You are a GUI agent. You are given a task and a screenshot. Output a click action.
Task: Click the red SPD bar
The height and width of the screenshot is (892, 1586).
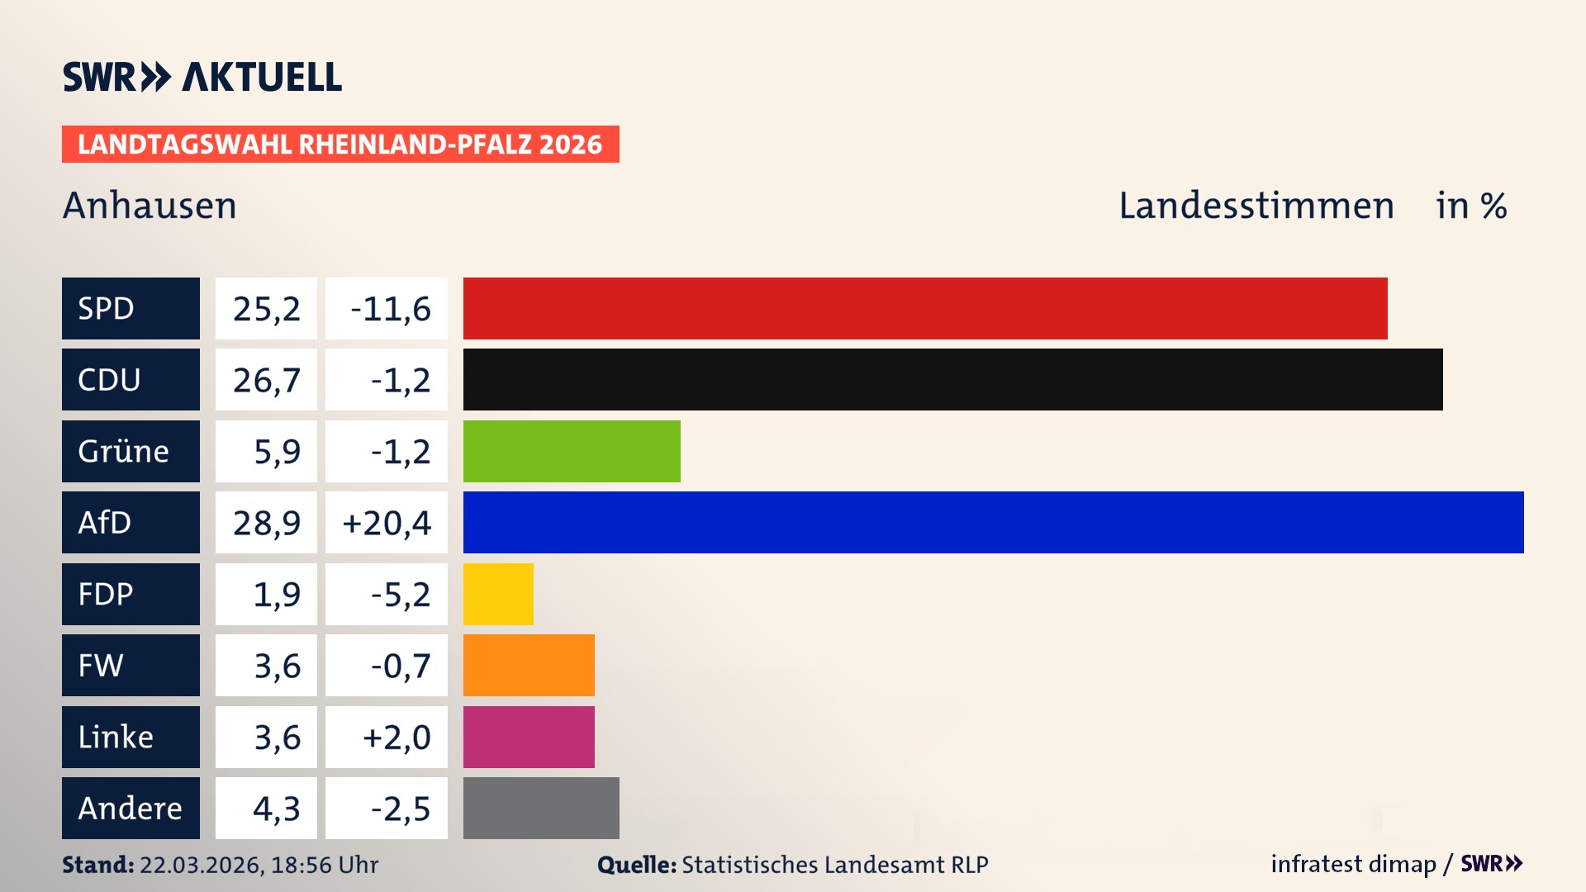(925, 308)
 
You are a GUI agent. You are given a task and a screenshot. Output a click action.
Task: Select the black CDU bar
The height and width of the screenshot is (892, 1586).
(952, 379)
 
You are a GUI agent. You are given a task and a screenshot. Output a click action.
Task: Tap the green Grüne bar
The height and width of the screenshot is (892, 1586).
(572, 451)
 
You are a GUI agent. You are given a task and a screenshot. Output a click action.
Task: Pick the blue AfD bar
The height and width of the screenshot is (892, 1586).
(993, 522)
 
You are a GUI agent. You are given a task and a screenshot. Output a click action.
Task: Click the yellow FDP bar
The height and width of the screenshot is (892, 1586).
(498, 594)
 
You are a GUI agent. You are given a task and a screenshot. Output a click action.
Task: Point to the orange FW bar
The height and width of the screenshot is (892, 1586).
(529, 665)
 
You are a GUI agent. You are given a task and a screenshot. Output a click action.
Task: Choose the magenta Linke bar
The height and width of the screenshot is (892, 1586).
(529, 737)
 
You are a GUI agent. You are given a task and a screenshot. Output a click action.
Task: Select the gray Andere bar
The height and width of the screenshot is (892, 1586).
(541, 808)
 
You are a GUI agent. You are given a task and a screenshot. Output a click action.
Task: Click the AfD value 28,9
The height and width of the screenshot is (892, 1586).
(266, 523)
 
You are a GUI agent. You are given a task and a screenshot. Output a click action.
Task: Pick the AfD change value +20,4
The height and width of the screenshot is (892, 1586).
(387, 523)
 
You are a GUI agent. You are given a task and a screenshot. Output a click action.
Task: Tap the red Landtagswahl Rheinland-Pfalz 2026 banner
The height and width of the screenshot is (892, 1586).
(340, 145)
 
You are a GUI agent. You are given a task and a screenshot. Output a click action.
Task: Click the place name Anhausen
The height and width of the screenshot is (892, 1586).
(150, 206)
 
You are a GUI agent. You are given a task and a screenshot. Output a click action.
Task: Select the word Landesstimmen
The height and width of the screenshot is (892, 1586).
(1256, 206)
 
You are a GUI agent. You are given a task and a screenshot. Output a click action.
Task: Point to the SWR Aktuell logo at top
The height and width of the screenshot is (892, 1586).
(202, 77)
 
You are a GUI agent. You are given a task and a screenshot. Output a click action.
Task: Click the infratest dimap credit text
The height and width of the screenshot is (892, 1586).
(1353, 864)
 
